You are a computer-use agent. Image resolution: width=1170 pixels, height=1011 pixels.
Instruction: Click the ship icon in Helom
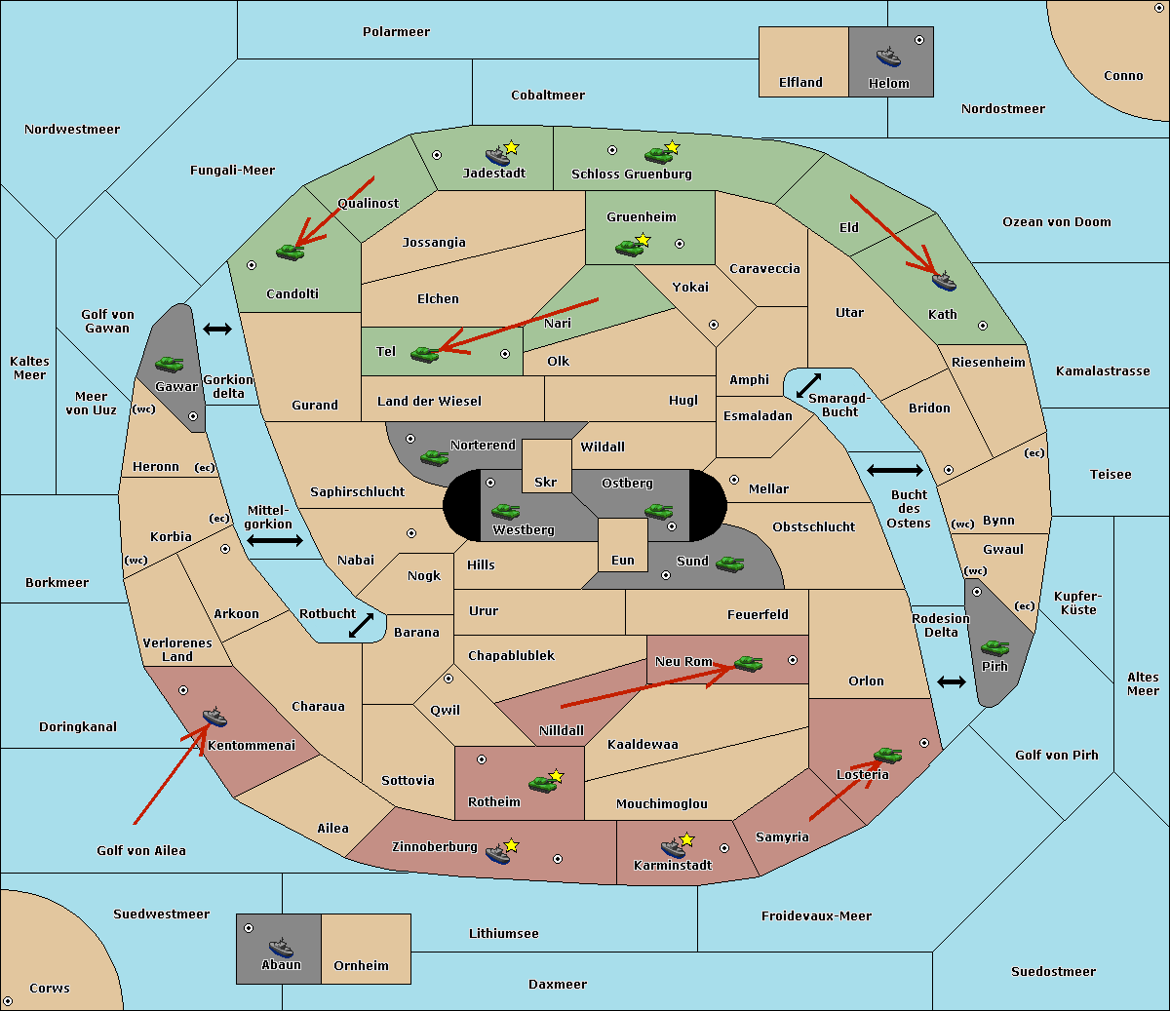coord(888,57)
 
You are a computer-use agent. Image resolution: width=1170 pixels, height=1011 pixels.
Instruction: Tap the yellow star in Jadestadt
coord(511,148)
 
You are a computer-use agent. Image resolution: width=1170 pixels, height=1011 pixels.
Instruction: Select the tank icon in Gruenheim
coord(629,248)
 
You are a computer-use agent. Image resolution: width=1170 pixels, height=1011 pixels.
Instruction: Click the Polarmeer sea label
coord(396,32)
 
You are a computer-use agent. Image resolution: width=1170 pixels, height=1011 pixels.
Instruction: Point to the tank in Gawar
coord(170,364)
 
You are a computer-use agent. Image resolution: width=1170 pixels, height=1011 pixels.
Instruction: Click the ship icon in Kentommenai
coord(214,717)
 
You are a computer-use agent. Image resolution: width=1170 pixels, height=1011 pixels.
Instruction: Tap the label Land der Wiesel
coord(429,402)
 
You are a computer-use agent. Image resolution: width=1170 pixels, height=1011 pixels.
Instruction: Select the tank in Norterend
coord(434,457)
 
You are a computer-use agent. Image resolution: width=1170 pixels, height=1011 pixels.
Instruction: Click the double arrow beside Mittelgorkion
coord(275,540)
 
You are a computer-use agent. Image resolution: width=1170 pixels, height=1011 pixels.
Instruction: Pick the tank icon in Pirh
coord(994,647)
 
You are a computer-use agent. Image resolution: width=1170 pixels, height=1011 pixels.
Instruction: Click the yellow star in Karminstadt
coord(686,838)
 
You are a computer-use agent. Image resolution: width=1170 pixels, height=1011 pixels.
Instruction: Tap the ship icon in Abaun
coord(281,949)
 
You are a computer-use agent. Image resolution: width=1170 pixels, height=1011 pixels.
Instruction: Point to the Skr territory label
coord(546,483)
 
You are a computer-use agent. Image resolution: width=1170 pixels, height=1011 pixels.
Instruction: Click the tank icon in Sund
coord(729,564)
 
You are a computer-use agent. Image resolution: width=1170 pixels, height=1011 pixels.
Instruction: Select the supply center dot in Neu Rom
coord(793,660)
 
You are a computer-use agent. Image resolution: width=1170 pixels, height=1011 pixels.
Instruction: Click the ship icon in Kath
coord(944,281)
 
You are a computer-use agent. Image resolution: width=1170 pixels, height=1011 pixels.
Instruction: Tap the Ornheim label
coord(361,966)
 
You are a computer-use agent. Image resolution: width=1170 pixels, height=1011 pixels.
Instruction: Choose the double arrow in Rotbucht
coord(361,625)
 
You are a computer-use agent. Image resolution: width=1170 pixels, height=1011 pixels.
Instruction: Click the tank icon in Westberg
coord(505,511)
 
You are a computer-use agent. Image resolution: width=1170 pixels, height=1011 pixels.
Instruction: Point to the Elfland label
coord(800,83)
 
